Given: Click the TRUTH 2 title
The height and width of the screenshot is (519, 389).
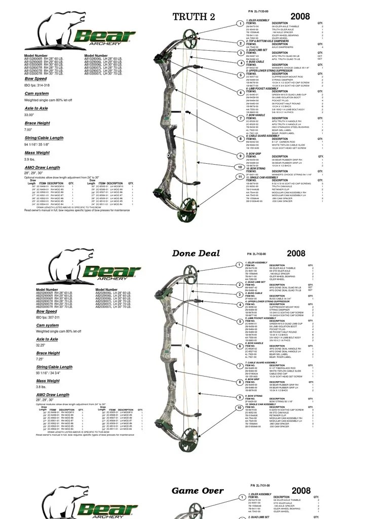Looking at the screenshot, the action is [193, 17].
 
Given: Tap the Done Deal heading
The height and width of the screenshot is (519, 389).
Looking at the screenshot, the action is [196, 253].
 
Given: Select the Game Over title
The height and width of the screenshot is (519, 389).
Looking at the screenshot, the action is [198, 491].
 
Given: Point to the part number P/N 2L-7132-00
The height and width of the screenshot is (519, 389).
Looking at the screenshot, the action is [257, 253].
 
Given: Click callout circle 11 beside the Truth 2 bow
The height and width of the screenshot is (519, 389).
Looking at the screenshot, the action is [240, 176].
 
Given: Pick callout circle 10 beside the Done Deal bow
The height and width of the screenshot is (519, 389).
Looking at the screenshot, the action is [239, 407].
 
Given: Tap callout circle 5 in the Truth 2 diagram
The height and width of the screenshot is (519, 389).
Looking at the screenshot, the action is [241, 75].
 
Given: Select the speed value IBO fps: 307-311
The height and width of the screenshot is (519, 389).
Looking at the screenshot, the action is [48, 317].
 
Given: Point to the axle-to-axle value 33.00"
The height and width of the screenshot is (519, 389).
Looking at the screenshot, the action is [29, 115].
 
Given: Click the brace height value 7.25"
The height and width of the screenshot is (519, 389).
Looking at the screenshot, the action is [40, 359].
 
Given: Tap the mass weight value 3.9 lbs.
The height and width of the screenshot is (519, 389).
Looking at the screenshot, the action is [30, 159].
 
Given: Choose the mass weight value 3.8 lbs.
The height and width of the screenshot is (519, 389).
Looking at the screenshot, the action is [41, 387].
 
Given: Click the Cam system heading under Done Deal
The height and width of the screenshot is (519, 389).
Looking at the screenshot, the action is [48, 325].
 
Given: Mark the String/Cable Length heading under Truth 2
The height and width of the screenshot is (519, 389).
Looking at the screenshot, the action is [44, 138].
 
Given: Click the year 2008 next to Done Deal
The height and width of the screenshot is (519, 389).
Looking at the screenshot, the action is [296, 253].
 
